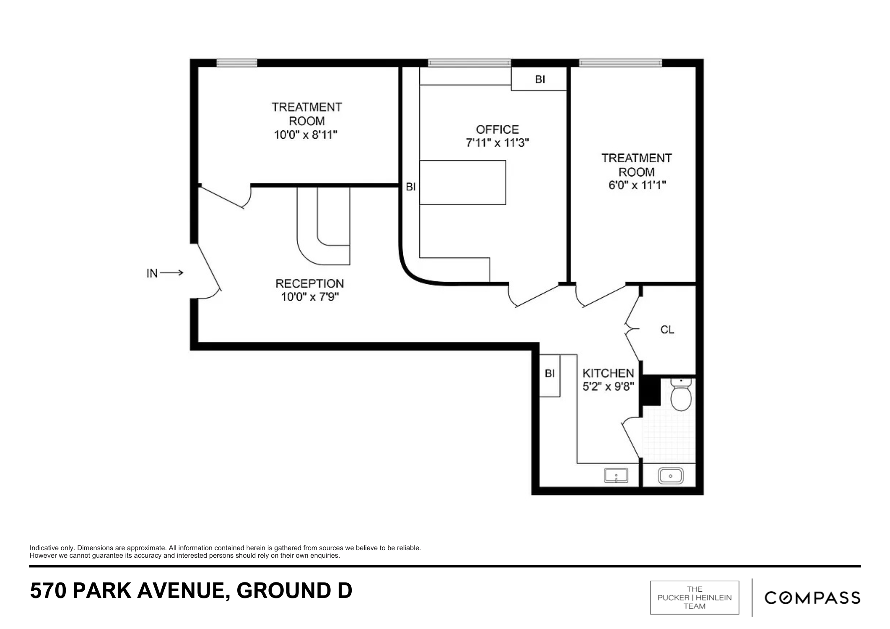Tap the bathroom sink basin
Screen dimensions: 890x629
pos(671,476)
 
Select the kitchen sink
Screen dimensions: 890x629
pos(616,476)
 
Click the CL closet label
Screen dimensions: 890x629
pos(667,330)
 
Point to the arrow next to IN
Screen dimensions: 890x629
pos(171,273)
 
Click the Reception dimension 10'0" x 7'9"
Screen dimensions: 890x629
pos(310,297)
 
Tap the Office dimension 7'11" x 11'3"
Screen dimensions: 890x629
pos(497,143)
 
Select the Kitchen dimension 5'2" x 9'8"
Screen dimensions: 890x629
pos(608,386)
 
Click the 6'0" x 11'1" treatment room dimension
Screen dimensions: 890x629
pos(637,185)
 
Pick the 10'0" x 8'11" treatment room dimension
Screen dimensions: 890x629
pos(306,135)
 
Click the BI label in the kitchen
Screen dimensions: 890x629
pos(550,373)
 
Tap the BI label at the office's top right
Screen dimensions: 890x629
pos(540,79)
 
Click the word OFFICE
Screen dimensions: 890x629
pos(497,129)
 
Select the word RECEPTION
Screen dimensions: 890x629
pos(309,283)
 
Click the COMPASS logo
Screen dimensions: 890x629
pos(812,598)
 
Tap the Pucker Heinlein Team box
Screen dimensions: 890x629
pos(695,598)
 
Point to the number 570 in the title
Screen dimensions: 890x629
pos(48,590)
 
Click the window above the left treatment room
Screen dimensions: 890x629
pos(237,63)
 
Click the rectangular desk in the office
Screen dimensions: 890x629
pos(462,182)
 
